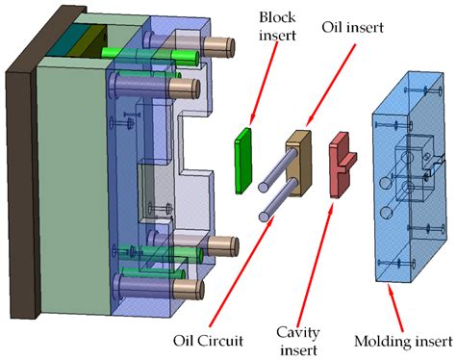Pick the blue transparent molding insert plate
414,193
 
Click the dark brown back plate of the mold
18,183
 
